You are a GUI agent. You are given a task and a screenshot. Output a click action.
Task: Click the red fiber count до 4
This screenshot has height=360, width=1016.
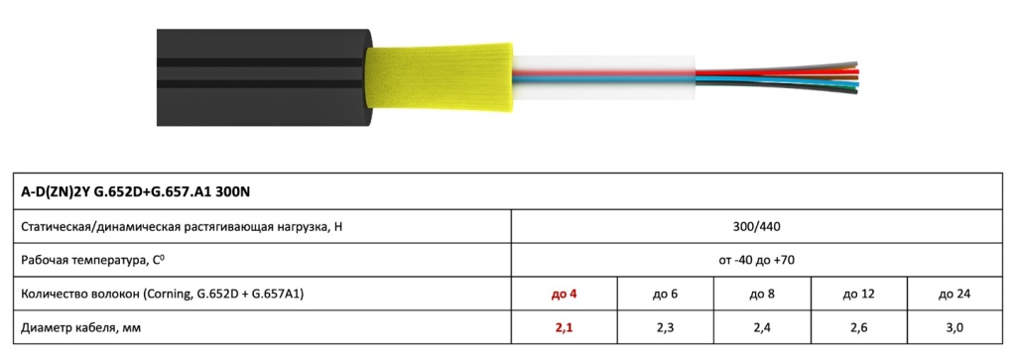[564, 294]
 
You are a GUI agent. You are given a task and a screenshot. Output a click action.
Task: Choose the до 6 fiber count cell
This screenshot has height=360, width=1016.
[665, 294]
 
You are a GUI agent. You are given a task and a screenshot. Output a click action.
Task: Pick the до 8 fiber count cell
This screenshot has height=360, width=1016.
[762, 294]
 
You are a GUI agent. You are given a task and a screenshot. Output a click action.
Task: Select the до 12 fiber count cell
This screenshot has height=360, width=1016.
[858, 294]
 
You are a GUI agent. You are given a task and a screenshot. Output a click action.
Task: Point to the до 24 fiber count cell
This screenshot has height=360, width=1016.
[954, 294]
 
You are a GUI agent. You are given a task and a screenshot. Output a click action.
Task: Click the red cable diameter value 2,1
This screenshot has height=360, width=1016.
[564, 328]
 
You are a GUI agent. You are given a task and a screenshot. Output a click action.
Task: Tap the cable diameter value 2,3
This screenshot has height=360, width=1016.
[665, 328]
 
